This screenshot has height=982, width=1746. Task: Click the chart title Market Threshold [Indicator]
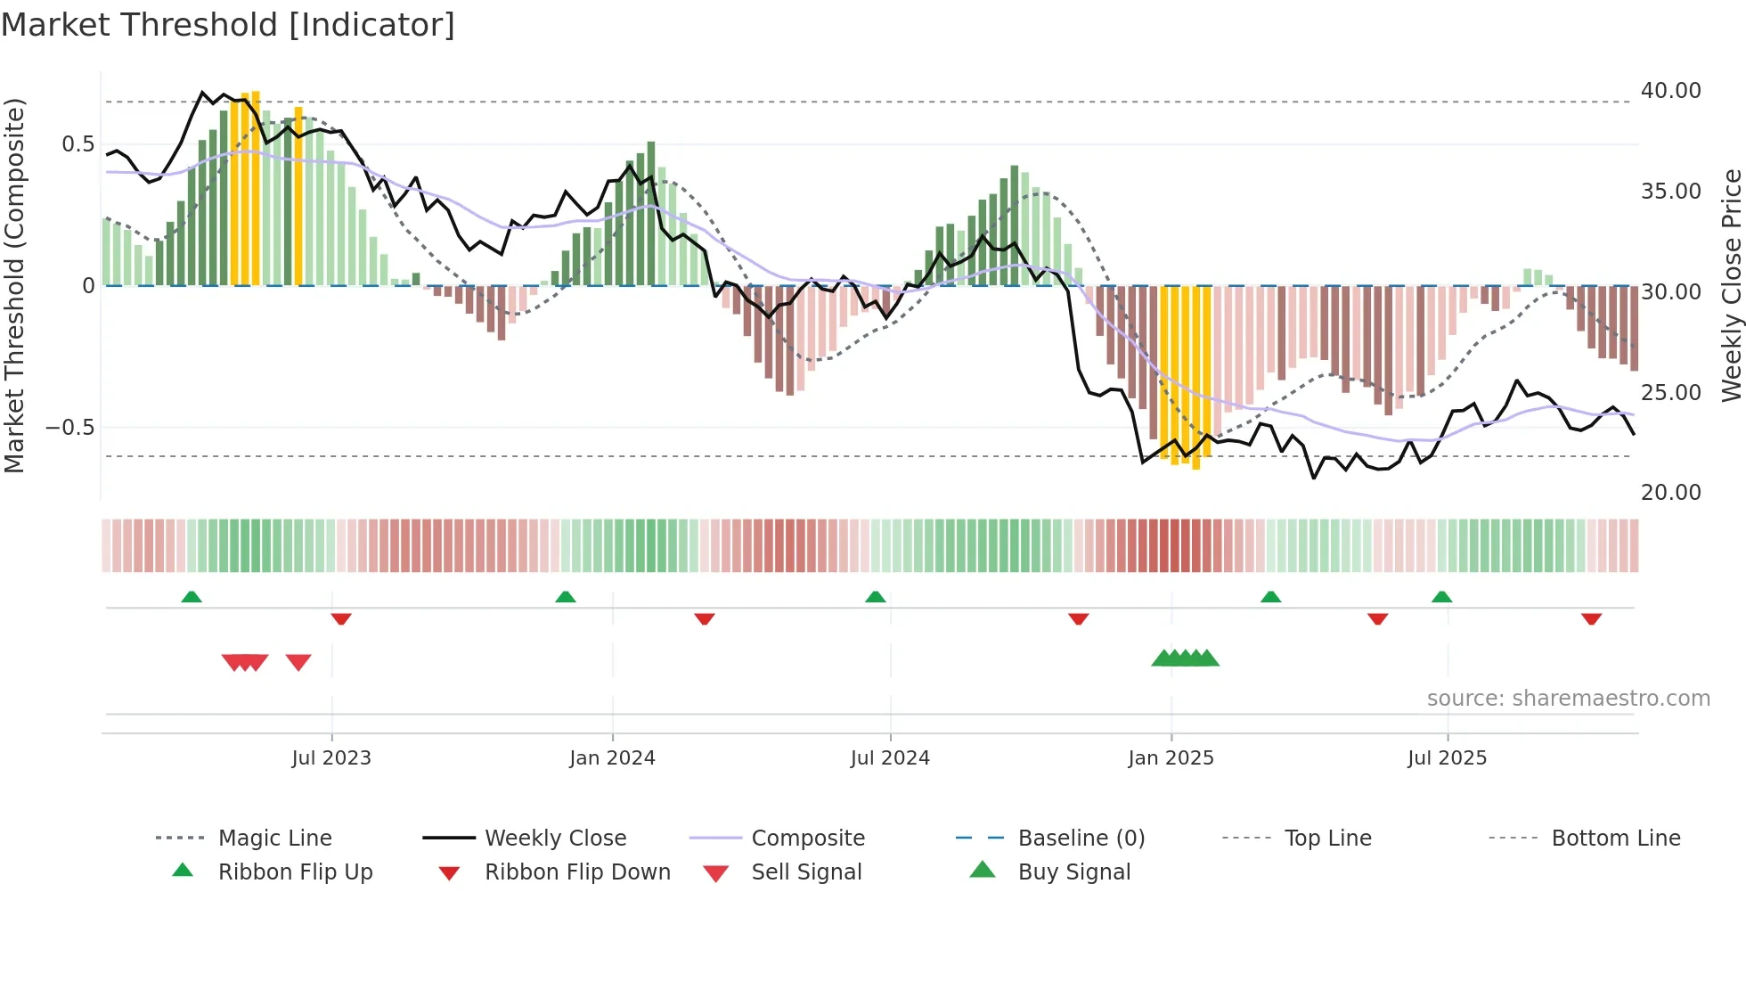[x=228, y=25]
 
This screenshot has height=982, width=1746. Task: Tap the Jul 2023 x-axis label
[x=331, y=758]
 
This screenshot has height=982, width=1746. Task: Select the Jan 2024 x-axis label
[x=612, y=758]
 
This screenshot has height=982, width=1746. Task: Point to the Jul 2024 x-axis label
[x=890, y=758]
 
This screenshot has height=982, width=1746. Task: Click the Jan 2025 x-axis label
[x=1171, y=758]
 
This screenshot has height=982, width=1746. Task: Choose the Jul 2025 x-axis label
[x=1448, y=758]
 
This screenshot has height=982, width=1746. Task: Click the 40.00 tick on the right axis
[x=1670, y=91]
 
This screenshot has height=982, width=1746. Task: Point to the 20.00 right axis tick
[x=1670, y=493]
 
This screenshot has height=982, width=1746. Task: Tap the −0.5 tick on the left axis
[x=69, y=428]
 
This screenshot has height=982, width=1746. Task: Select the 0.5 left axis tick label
[x=78, y=144]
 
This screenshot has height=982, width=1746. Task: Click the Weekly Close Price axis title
[x=1731, y=285]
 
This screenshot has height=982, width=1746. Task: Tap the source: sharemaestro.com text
[x=1568, y=699]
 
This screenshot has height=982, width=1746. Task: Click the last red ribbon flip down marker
[x=1592, y=618]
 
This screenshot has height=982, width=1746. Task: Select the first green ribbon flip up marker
[x=192, y=597]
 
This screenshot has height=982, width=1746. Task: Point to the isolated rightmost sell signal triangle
[x=298, y=662]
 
